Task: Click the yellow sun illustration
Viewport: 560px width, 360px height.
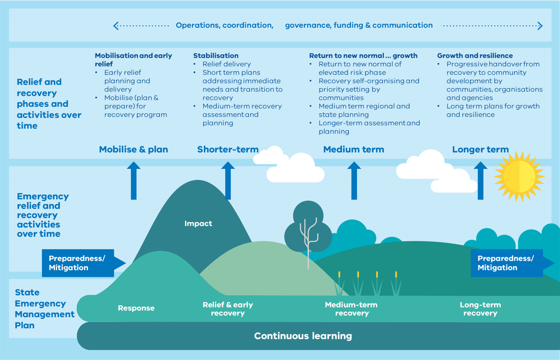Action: click(519, 177)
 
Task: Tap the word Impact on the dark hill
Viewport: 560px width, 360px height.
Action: click(198, 224)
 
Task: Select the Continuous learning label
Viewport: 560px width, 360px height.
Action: click(303, 336)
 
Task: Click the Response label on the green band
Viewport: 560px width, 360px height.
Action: click(136, 308)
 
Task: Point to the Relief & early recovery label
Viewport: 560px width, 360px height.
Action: click(227, 309)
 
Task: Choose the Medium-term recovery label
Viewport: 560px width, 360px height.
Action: click(351, 309)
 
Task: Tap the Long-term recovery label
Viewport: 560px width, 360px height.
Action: click(480, 309)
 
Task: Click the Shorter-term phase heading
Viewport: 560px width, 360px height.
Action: click(227, 150)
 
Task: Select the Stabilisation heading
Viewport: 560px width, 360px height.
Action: click(215, 56)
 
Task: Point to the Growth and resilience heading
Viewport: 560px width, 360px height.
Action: click(475, 56)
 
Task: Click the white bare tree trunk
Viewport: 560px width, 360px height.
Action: click(308, 244)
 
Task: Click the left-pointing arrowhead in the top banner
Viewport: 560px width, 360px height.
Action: click(116, 26)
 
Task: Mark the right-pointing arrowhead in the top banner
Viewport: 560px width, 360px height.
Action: click(540, 26)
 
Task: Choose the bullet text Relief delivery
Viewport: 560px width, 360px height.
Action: click(226, 64)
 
